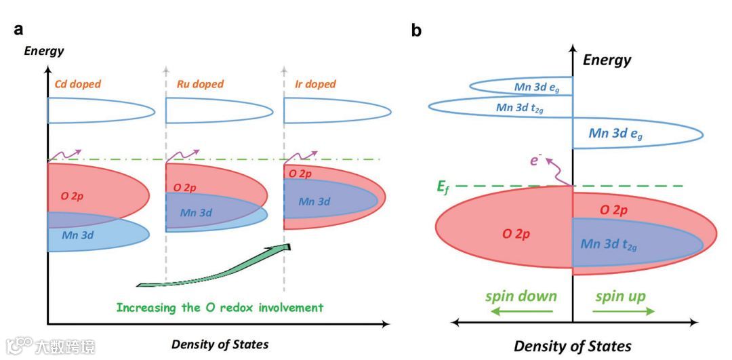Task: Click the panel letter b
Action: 416,31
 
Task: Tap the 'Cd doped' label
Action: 77,84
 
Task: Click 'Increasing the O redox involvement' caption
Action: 220,307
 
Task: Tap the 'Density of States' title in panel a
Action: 220,344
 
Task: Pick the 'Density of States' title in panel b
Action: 572,346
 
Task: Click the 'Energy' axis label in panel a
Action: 44,51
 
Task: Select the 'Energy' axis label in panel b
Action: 607,60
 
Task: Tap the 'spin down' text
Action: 521,296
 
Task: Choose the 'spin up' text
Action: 620,296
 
